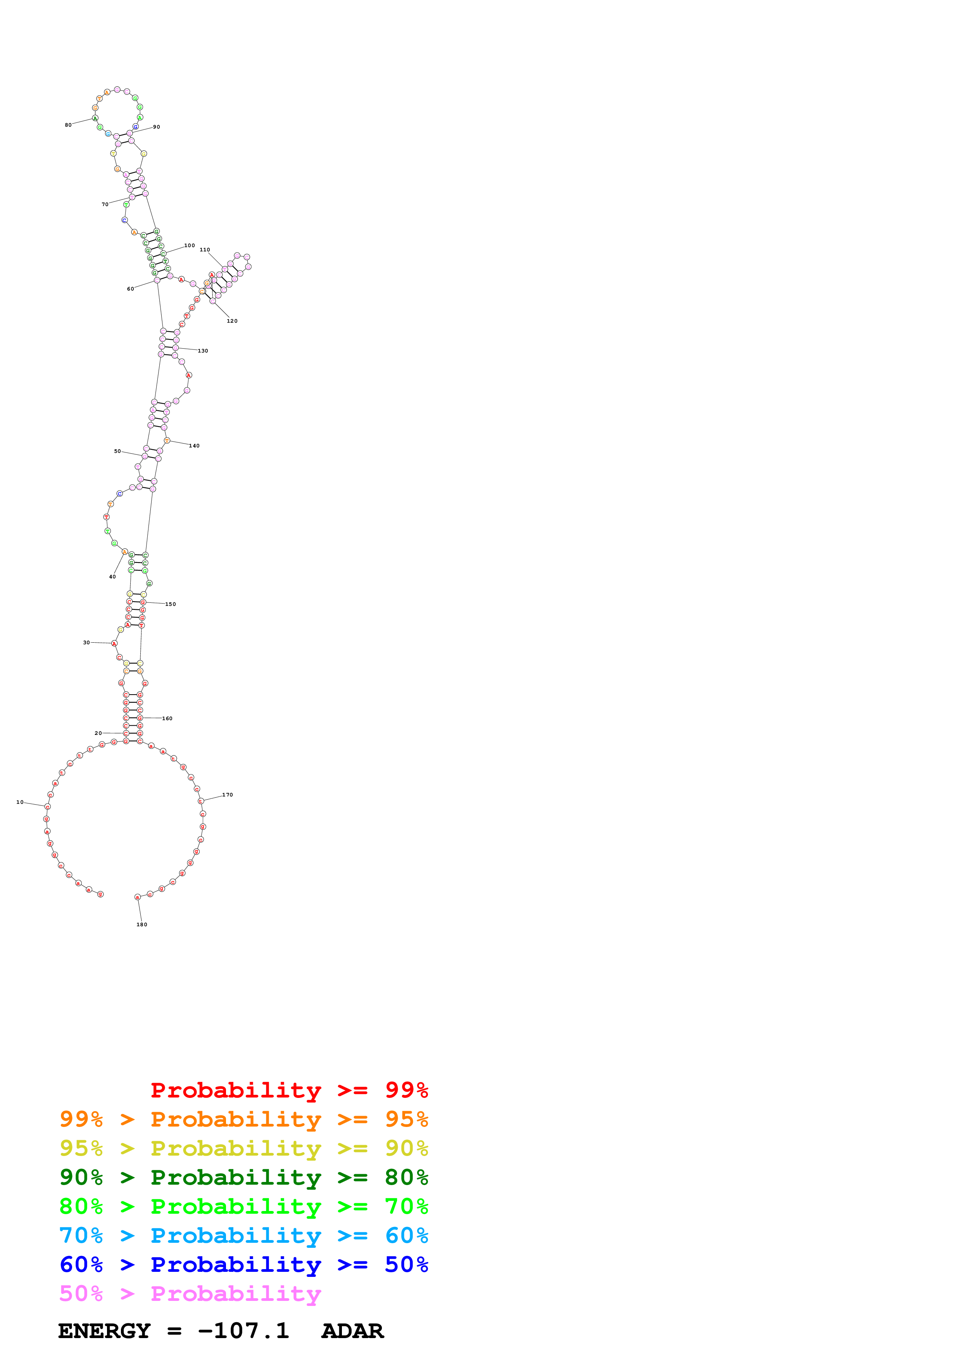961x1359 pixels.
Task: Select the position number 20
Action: tap(98, 733)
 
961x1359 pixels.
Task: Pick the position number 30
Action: tap(86, 642)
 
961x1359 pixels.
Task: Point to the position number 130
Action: tap(203, 351)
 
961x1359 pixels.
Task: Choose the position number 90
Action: tap(156, 127)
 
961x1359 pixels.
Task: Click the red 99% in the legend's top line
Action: tap(406, 1090)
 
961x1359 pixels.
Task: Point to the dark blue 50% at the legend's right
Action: tap(406, 1264)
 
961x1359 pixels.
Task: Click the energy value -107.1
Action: tap(243, 1331)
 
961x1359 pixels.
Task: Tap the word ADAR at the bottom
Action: tap(352, 1331)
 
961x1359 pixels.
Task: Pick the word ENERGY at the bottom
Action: tap(104, 1331)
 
